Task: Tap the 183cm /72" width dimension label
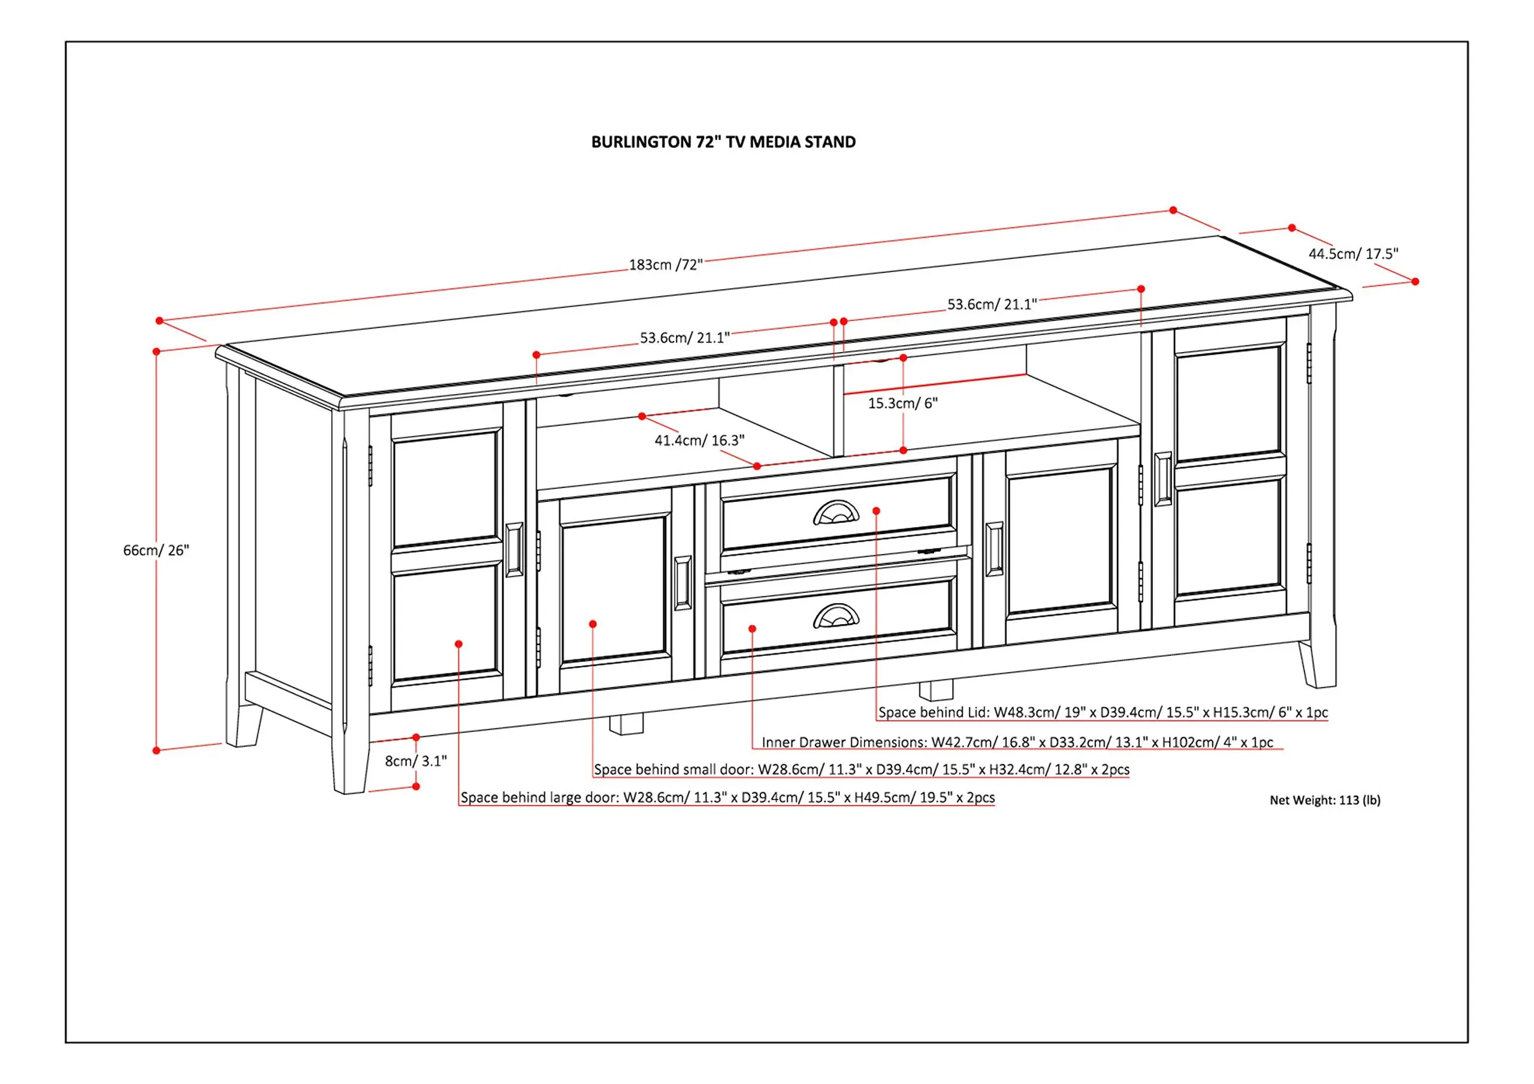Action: click(x=666, y=265)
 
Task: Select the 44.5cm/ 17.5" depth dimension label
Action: click(x=1353, y=254)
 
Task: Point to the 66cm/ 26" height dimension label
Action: click(x=156, y=550)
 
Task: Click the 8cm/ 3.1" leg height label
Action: click(x=416, y=761)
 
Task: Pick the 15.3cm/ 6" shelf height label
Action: click(x=902, y=404)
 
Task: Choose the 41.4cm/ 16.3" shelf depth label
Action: click(x=699, y=440)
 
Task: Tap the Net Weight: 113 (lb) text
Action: click(x=1325, y=800)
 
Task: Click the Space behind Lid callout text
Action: click(x=1103, y=713)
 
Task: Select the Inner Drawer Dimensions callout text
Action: click(x=1017, y=742)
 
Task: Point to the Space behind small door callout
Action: click(x=862, y=770)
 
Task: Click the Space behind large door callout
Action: click(x=727, y=798)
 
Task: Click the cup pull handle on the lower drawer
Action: click(x=837, y=616)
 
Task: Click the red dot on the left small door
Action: click(x=593, y=624)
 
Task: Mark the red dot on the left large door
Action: click(x=458, y=644)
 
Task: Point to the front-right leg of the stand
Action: click(x=1318, y=664)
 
